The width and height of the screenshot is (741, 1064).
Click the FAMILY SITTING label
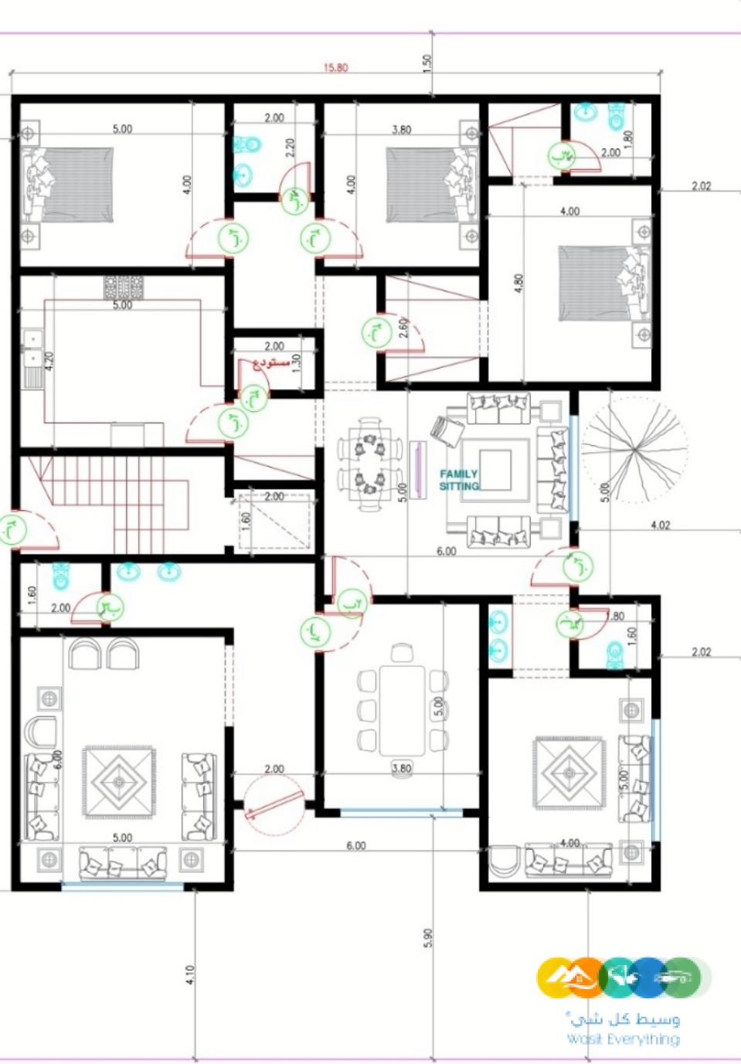[x=459, y=480]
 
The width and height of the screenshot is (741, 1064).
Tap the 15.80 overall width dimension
[x=335, y=67]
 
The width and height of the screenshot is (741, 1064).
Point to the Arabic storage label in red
[x=271, y=363]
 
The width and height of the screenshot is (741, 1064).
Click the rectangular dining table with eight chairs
[x=403, y=709]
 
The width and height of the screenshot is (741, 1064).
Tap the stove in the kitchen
[x=123, y=287]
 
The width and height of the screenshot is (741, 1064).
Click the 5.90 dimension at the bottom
[x=428, y=937]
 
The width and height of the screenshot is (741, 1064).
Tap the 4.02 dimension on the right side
[x=660, y=525]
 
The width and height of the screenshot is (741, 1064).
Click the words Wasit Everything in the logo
[x=623, y=1039]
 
